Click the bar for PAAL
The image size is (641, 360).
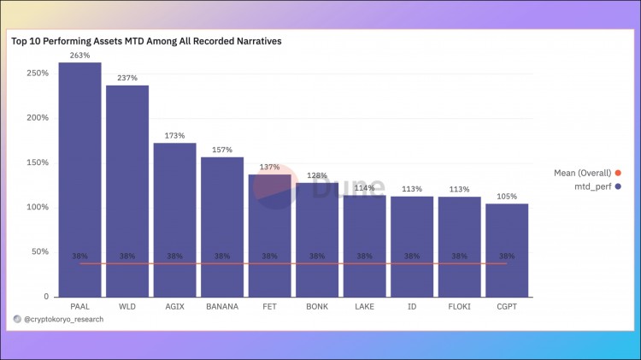click(79, 180)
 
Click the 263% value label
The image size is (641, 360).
click(79, 56)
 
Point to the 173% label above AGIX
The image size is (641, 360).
click(174, 136)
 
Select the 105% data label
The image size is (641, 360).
click(507, 197)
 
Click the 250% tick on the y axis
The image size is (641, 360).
click(37, 74)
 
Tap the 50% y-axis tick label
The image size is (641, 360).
click(39, 251)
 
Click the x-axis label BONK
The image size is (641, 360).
click(317, 305)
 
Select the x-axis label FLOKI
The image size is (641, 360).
click(459, 305)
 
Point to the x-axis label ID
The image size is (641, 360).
click(412, 305)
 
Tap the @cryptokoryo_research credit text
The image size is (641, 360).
click(62, 318)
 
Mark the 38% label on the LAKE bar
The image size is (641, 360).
click(364, 256)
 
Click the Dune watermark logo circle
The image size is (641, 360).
click(273, 186)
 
